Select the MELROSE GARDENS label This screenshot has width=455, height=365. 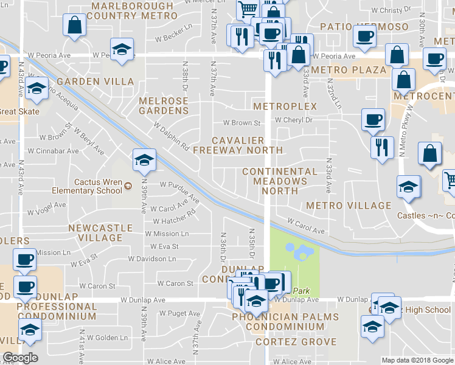[164, 106]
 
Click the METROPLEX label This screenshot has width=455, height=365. [285, 106]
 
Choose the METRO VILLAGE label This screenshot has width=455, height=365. [349, 206]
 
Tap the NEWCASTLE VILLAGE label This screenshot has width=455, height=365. [100, 232]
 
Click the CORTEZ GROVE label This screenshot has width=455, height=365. [296, 342]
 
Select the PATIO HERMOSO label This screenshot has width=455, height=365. [356, 27]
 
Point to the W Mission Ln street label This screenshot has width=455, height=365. [167, 234]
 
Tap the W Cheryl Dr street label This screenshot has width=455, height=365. [294, 120]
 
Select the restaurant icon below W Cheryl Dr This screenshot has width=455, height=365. [382, 148]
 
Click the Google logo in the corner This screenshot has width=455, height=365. [20, 358]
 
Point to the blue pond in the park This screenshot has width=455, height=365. [298, 249]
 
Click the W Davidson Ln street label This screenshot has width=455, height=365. [153, 259]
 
